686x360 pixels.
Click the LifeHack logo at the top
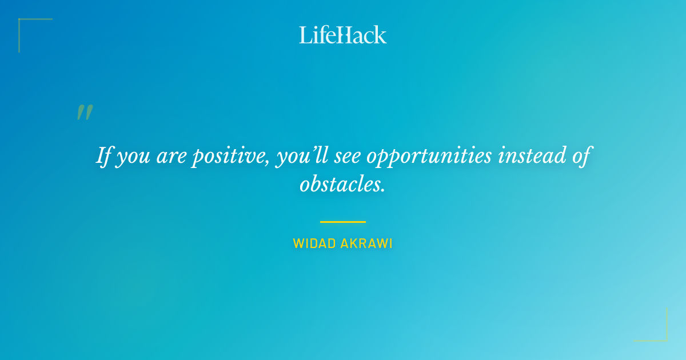pyautogui.click(x=343, y=35)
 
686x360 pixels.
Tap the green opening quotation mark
pyautogui.click(x=85, y=113)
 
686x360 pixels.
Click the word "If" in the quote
pyautogui.click(x=103, y=155)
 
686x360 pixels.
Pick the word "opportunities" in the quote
pyautogui.click(x=429, y=157)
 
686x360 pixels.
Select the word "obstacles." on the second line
pyautogui.click(x=342, y=185)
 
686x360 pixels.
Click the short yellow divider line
pyautogui.click(x=342, y=222)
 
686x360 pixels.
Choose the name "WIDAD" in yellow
pyautogui.click(x=314, y=243)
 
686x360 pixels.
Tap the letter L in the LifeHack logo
pyautogui.click(x=305, y=35)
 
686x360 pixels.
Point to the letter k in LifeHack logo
pyautogui.click(x=380, y=35)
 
